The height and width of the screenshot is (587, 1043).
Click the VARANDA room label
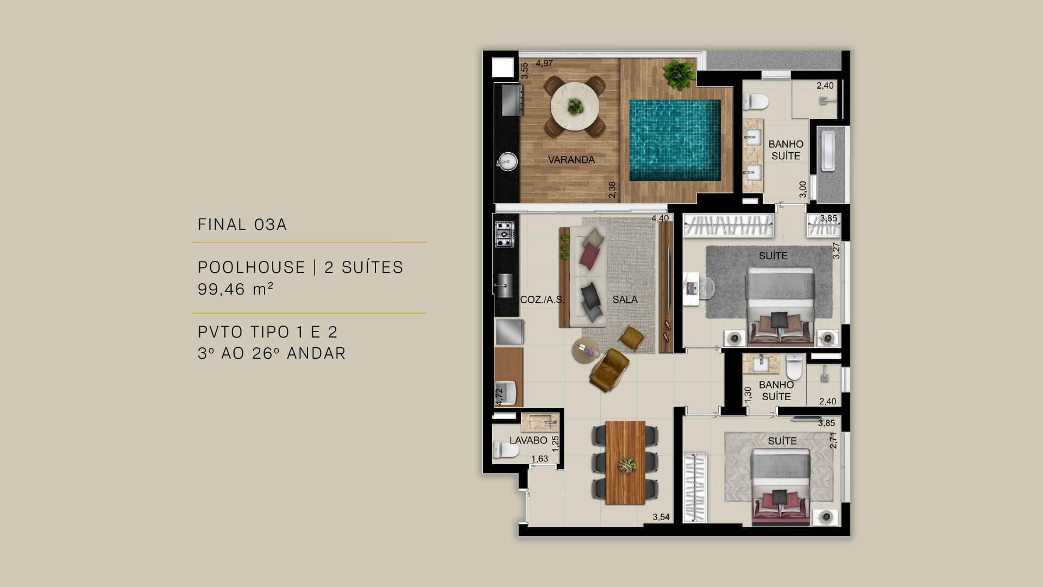571,160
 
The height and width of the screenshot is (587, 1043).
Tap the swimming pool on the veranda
675,140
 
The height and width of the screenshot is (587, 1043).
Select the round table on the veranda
575,107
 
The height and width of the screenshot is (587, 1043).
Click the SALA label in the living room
625,299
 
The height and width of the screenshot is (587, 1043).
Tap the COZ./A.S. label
542,299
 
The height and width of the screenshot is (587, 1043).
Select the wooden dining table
625,462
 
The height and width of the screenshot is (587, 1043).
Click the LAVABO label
528,440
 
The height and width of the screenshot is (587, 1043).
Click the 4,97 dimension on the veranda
544,64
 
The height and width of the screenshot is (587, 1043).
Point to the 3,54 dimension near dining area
661,517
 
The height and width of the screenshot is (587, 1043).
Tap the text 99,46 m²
235,289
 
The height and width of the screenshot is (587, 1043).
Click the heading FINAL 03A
242,224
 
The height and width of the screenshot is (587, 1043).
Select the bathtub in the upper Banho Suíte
831,151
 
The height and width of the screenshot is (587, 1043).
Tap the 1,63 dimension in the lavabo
539,459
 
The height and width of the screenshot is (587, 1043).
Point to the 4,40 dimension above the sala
660,218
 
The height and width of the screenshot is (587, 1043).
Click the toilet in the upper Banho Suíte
756,101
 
